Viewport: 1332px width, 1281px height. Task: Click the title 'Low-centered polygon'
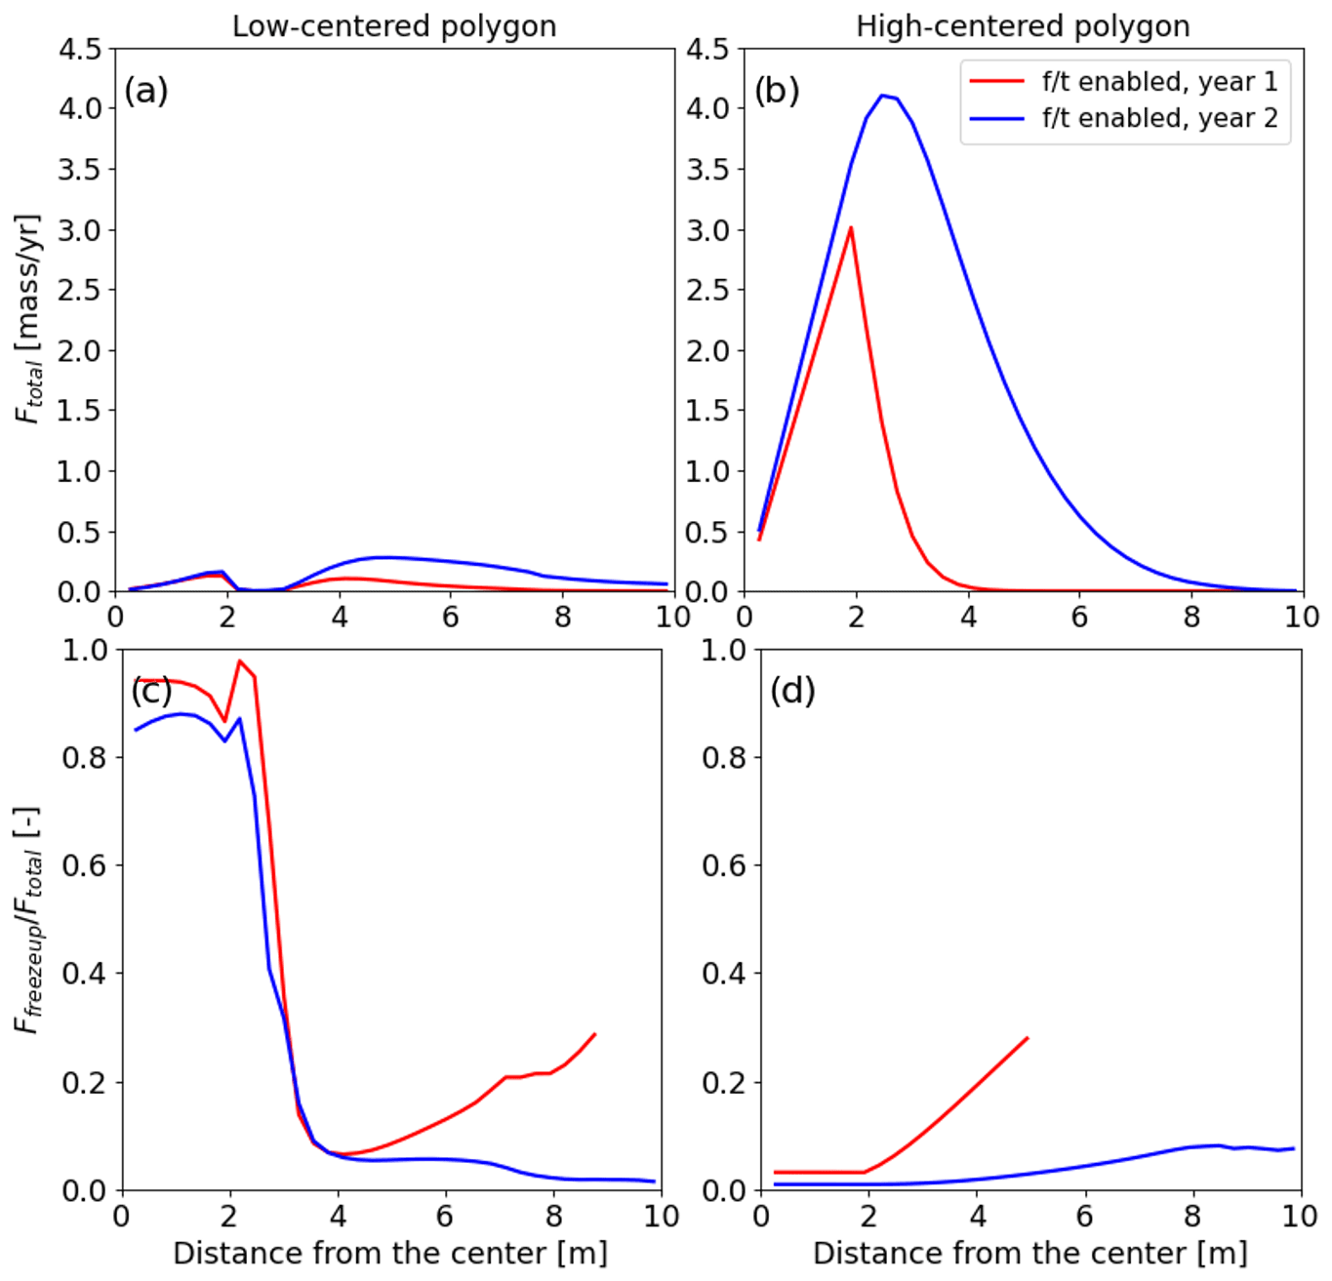[x=393, y=26]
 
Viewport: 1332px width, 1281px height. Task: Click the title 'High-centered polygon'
[x=1023, y=26]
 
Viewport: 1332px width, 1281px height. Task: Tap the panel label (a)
[x=145, y=91]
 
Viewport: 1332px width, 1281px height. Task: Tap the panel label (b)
[x=777, y=91]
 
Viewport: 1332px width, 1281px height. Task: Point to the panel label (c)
[x=151, y=691]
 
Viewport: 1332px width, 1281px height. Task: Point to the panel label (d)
[x=792, y=691]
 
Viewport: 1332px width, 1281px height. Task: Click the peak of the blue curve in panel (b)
[x=883, y=96]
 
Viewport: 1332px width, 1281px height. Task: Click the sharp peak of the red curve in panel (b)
[x=851, y=228]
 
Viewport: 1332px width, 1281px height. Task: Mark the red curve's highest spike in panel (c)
[x=239, y=661]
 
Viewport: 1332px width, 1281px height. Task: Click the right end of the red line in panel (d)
[x=1028, y=1038]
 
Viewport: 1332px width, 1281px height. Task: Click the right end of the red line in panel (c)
[x=594, y=1034]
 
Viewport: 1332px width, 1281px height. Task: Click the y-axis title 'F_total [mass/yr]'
[x=29, y=319]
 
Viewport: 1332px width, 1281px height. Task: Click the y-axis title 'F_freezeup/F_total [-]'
[x=29, y=920]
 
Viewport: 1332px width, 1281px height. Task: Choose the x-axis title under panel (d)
[x=1029, y=1253]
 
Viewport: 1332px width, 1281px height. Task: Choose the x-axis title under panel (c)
[x=389, y=1253]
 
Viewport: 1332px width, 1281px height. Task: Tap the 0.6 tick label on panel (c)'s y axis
[x=85, y=865]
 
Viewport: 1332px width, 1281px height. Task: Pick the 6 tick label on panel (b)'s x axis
[x=1079, y=617]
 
